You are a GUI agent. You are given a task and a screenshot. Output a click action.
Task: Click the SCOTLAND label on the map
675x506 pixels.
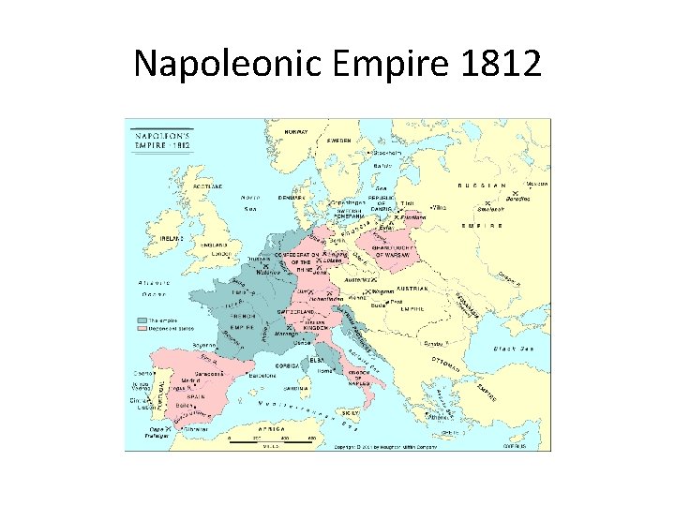pyautogui.click(x=208, y=186)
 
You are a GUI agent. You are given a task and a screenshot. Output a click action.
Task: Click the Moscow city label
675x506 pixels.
pyautogui.click(x=536, y=184)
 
